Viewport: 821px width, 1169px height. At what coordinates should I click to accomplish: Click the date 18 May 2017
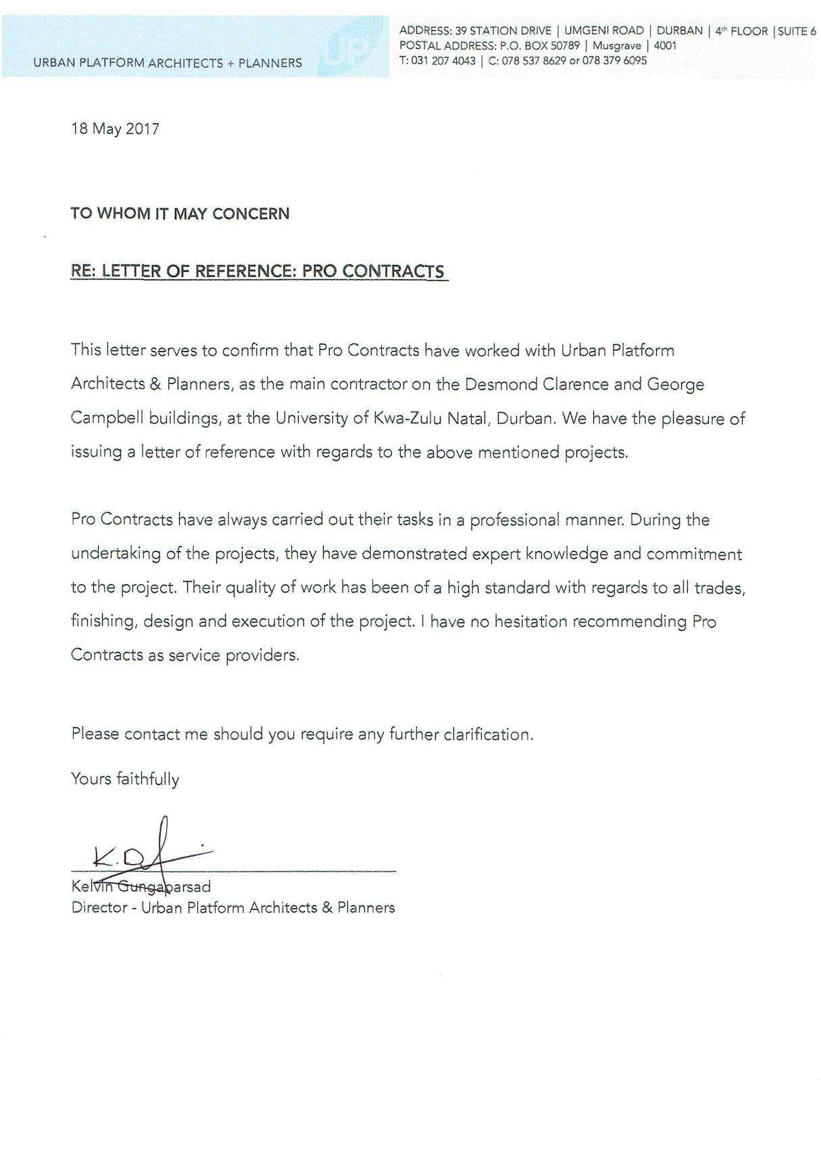pyautogui.click(x=116, y=128)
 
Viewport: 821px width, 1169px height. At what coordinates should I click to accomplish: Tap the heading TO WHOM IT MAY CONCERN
pyautogui.click(x=180, y=214)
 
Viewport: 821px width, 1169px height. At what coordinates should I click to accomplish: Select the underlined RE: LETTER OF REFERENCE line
pyautogui.click(x=258, y=271)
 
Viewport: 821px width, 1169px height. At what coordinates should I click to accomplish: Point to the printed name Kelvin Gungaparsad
pyautogui.click(x=141, y=886)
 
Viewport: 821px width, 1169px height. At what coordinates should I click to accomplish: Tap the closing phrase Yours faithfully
pyautogui.click(x=125, y=779)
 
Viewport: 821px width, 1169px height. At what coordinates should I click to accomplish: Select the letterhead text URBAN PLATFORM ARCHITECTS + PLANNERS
pyautogui.click(x=168, y=63)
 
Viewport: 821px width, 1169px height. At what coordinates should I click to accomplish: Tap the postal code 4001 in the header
pyautogui.click(x=665, y=46)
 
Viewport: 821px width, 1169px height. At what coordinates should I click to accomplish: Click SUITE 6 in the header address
pyautogui.click(x=797, y=30)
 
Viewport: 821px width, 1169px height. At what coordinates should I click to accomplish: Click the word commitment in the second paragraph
pyautogui.click(x=694, y=554)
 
